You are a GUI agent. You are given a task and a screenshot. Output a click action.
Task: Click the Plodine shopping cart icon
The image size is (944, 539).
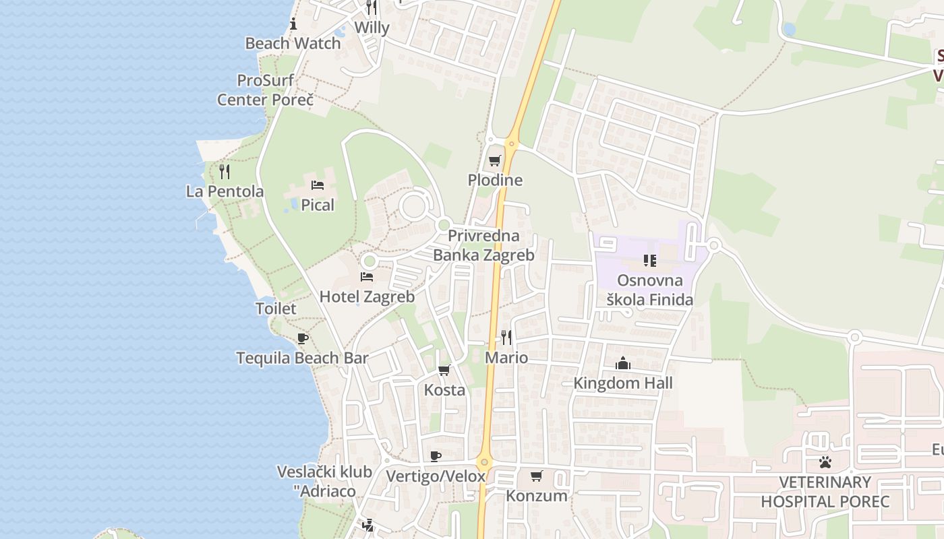click(494, 161)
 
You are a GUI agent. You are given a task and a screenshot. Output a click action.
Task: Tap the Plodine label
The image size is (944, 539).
click(495, 181)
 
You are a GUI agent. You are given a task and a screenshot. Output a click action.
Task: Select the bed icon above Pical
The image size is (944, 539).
click(318, 185)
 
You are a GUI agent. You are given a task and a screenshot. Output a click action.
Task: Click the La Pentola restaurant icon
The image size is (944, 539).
click(225, 171)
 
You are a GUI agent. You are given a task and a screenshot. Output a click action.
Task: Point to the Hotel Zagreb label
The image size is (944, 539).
click(367, 296)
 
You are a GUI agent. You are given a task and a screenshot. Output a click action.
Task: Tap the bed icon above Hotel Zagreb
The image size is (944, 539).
click(367, 277)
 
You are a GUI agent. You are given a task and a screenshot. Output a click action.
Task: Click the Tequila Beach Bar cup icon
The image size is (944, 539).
click(303, 338)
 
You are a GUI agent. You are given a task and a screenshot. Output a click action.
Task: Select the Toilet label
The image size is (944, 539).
click(276, 309)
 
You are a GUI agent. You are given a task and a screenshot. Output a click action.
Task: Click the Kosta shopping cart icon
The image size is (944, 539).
click(444, 370)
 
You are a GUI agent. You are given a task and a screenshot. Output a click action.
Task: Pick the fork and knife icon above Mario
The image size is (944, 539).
click(506, 338)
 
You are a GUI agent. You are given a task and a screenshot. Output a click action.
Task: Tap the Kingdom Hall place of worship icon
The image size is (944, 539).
click(622, 364)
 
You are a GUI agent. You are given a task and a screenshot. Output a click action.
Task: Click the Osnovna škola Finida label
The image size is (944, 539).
click(650, 290)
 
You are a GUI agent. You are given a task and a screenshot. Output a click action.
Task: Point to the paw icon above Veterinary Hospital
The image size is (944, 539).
click(825, 462)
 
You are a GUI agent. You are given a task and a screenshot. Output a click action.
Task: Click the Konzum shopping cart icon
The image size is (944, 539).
click(537, 476)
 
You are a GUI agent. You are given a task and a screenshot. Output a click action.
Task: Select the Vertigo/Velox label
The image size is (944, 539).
click(436, 476)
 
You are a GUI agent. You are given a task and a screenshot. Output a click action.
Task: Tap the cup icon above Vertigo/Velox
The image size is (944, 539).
click(436, 457)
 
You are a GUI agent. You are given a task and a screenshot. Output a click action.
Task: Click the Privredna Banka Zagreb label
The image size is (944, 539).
click(483, 245)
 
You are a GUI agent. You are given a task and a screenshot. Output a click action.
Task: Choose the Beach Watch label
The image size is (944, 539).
click(293, 44)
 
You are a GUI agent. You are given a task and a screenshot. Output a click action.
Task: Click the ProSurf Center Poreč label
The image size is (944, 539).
click(266, 90)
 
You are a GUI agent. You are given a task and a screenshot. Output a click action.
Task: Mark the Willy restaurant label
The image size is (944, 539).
click(372, 28)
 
